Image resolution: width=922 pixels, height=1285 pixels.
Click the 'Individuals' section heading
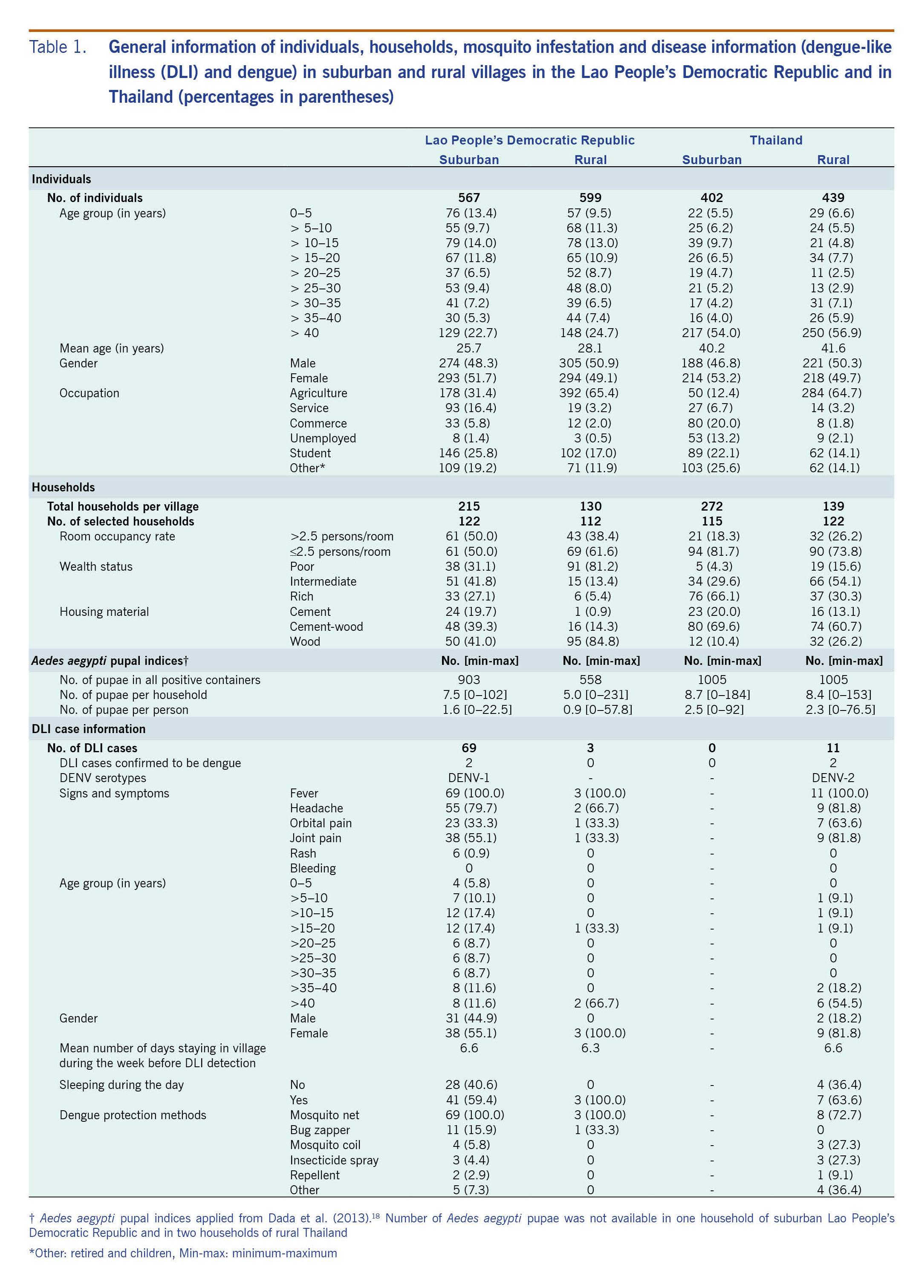pyautogui.click(x=61, y=179)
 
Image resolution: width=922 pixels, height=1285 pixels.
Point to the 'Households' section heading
pyautogui.click(x=63, y=487)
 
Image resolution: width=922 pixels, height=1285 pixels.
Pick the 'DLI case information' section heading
pyautogui.click(x=88, y=729)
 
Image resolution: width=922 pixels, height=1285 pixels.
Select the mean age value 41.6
pyautogui.click(x=832, y=348)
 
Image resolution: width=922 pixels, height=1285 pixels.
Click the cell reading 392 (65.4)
pyautogui.click(x=590, y=393)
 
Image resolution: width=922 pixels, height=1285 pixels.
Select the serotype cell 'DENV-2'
pyautogui.click(x=832, y=778)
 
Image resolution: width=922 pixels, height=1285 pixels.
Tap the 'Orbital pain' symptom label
pyautogui.click(x=320, y=823)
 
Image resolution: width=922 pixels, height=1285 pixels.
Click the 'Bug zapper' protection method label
pyautogui.click(x=320, y=1130)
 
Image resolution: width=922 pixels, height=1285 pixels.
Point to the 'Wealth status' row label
pyautogui.click(x=96, y=566)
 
